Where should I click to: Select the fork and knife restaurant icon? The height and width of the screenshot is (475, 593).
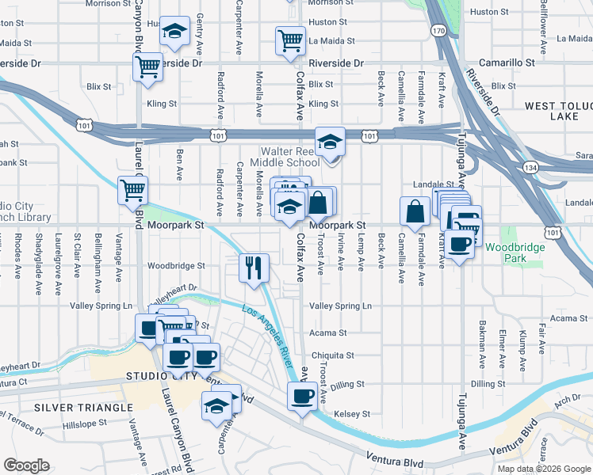[254, 268]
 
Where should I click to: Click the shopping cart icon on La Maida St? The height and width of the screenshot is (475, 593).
[291, 40]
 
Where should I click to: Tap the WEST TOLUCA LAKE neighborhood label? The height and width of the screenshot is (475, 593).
[558, 111]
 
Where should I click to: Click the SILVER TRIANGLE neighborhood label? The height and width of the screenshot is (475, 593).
[83, 407]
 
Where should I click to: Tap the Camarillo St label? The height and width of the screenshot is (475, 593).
[508, 62]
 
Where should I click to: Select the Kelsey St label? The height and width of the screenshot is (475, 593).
[352, 413]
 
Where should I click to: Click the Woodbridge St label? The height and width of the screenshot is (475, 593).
[176, 266]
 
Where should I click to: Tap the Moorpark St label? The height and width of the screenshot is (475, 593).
[176, 225]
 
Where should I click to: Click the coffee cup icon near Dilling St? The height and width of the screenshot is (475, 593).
[302, 395]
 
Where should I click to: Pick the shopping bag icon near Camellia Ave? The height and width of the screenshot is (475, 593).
[415, 211]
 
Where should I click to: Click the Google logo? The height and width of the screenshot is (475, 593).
[26, 465]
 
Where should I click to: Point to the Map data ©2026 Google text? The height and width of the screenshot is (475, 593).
[543, 469]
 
